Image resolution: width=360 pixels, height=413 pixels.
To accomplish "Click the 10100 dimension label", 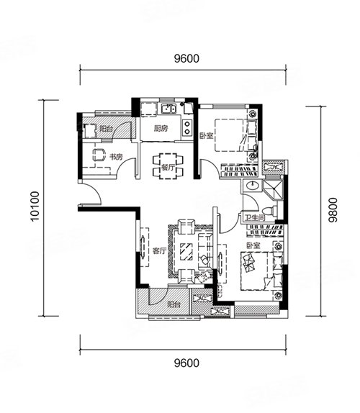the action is point(35,206).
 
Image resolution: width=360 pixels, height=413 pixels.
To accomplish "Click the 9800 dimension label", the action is point(333,210).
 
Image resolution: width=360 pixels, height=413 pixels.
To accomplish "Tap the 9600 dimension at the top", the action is point(186,58).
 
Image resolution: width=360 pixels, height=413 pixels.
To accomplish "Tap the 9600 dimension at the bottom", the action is point(186,363).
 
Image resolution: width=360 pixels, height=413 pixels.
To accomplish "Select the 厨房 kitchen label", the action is point(161,129).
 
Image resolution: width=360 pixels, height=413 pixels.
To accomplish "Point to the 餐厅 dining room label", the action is point(168,167).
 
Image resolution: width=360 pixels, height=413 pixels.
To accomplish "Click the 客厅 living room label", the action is point(160,250).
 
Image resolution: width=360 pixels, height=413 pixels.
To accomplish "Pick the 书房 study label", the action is point(116,157).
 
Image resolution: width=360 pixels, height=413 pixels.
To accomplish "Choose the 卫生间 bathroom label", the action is point(255,218).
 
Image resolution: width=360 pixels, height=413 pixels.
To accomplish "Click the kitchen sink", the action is point(169,109).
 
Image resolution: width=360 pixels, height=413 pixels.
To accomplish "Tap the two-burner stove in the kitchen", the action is point(187,127).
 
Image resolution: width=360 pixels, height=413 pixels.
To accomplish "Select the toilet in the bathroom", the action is point(271,211).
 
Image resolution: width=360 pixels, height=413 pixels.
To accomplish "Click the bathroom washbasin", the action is point(253,186).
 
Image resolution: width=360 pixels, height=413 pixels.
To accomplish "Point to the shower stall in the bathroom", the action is point(273,190).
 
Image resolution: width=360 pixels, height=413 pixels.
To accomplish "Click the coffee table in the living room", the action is point(186,252).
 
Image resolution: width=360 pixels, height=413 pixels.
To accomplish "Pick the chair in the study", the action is point(99,155).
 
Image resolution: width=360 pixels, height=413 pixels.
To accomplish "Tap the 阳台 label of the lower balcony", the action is point(174,305).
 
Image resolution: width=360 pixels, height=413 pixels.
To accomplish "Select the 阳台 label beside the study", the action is point(107,129).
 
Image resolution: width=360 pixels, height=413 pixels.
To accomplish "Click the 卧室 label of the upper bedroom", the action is point(207,136).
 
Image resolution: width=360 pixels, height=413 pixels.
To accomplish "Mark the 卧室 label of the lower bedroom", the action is point(253,246).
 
